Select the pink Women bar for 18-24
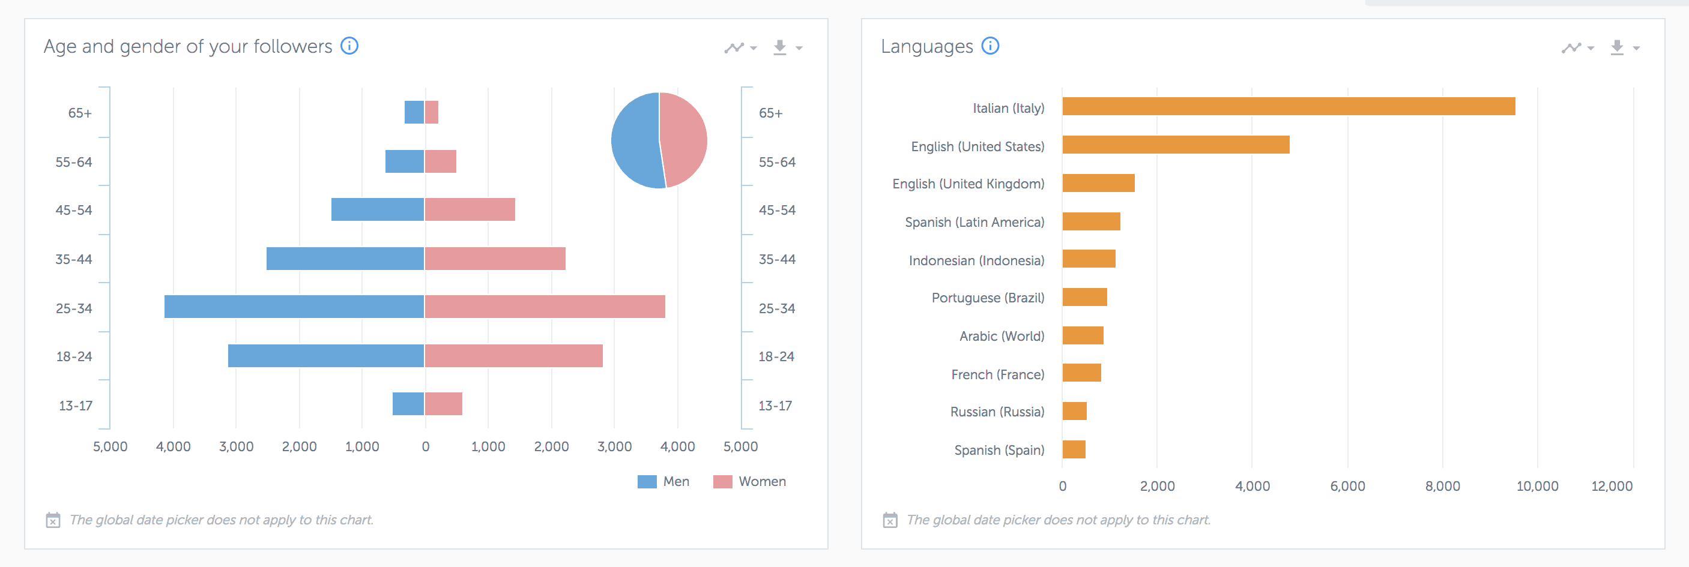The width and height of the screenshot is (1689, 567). (513, 356)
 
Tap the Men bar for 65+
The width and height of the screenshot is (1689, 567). (414, 112)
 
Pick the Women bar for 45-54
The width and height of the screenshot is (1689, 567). (470, 210)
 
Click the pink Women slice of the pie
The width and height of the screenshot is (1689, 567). (685, 139)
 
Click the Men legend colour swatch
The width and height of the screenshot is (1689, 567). (647, 482)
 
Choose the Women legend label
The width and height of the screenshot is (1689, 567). (762, 482)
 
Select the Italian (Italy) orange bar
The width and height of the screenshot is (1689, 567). (1289, 106)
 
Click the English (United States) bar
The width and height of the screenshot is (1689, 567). (1176, 145)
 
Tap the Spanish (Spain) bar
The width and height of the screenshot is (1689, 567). (1074, 449)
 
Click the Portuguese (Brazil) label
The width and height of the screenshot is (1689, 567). (988, 298)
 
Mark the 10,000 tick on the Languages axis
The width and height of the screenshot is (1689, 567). (1537, 487)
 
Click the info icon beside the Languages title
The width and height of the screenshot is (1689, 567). (990, 46)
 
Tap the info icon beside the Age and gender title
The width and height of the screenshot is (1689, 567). (349, 46)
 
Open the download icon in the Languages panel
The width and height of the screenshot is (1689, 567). (1617, 47)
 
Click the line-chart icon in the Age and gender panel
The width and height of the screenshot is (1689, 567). (734, 48)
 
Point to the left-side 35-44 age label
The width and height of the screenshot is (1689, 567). (73, 260)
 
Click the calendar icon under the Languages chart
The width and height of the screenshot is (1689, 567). (890, 520)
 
